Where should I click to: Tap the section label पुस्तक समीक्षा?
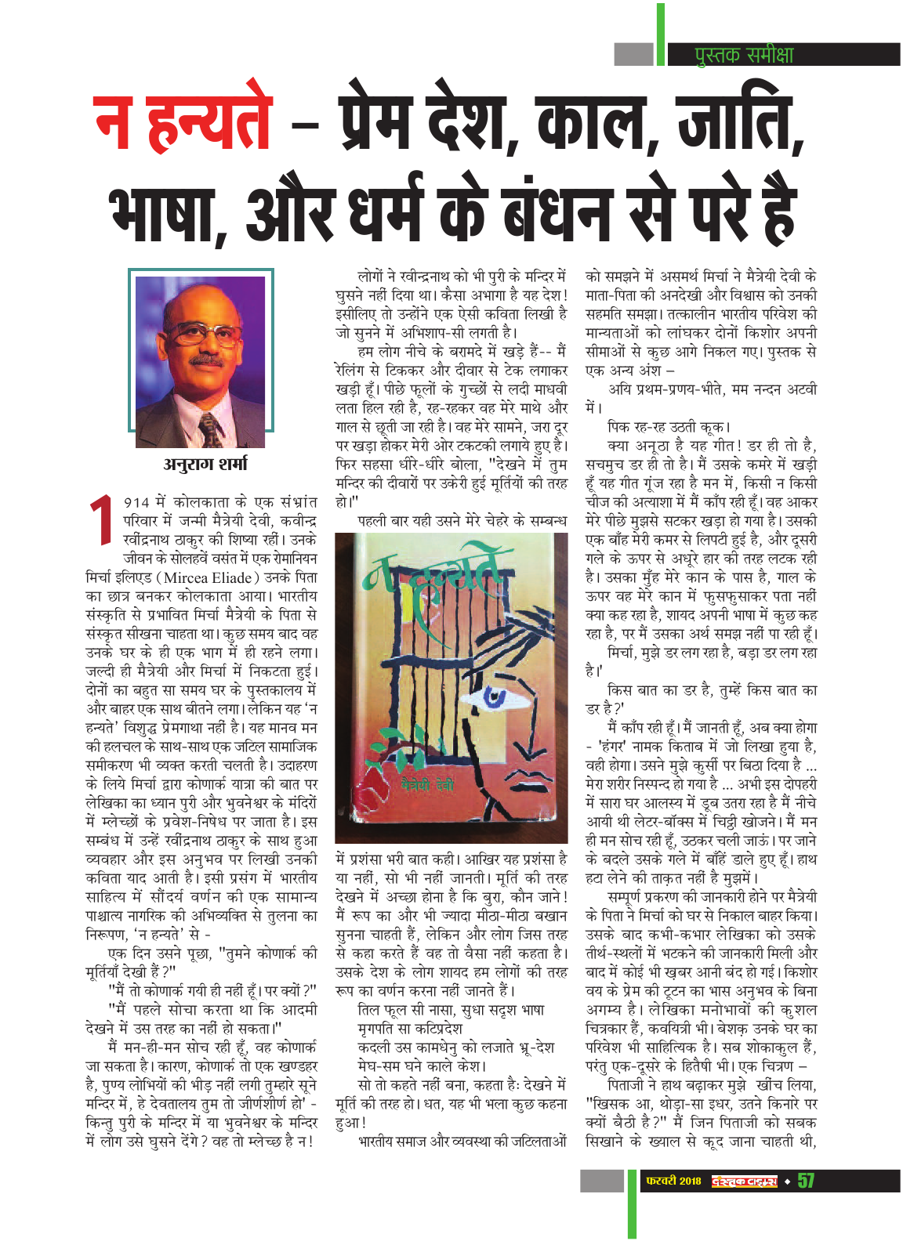pos(744,55)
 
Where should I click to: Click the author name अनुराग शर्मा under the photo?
pos(205,464)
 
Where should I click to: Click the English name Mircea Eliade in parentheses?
pos(208,578)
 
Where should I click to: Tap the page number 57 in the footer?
pos(806,1181)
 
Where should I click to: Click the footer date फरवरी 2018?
pos(673,1181)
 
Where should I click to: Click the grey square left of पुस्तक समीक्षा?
pos(633,55)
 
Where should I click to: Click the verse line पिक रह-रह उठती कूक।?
pos(669,427)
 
